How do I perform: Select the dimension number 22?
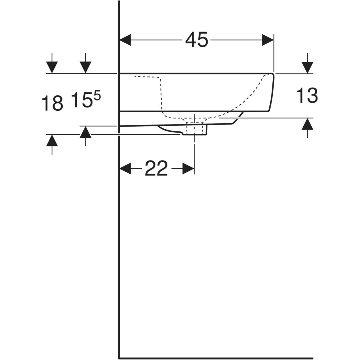[x=156, y=168]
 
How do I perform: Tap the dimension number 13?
[x=307, y=95]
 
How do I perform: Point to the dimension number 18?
[x=52, y=103]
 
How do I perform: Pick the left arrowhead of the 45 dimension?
[x=125, y=40]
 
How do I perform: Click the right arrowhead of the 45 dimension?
[x=268, y=40]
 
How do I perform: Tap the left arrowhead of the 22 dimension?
[x=125, y=168]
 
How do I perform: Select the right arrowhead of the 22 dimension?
[x=188, y=168]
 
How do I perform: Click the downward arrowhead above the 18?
[x=52, y=67]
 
